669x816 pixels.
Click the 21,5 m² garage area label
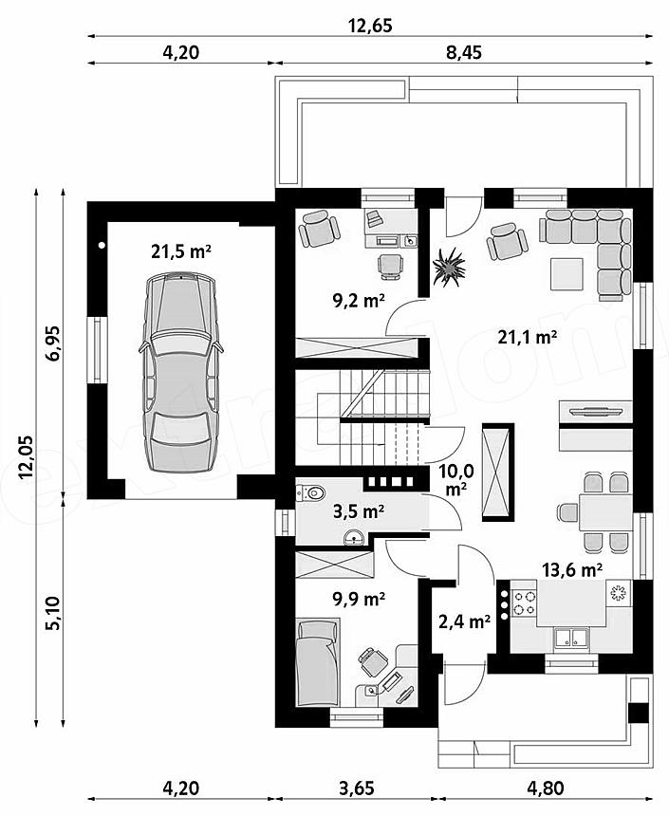click(x=180, y=251)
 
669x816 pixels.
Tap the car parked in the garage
click(x=179, y=372)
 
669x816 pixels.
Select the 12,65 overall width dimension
click(x=370, y=26)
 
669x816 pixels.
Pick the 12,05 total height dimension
click(x=25, y=455)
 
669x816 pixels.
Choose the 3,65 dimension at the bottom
click(x=356, y=788)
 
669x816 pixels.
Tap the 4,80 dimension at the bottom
click(x=545, y=788)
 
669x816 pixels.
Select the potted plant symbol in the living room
click(x=448, y=267)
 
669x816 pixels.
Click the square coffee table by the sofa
click(x=567, y=273)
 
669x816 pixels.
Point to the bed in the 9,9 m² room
click(x=318, y=662)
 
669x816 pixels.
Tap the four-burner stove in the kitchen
click(x=524, y=603)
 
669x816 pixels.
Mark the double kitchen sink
click(x=571, y=638)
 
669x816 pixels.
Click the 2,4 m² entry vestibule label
click(x=464, y=621)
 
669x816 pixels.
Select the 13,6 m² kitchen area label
click(x=572, y=570)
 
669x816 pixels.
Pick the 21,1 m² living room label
click(x=527, y=337)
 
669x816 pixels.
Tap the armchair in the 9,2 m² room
click(x=319, y=229)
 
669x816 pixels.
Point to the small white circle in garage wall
click(x=102, y=245)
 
